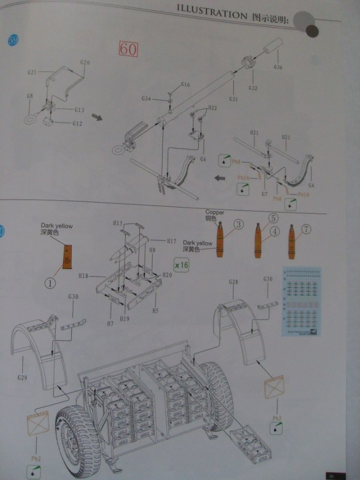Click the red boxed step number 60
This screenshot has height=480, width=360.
128,49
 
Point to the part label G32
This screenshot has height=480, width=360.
253,88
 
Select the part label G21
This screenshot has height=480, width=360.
32,73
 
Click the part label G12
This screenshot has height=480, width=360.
78,123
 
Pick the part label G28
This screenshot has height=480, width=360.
234,281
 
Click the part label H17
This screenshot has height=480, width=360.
171,241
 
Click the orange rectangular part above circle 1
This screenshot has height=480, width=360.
67,258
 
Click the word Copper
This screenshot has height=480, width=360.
214,213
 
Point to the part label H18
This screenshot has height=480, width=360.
84,276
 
